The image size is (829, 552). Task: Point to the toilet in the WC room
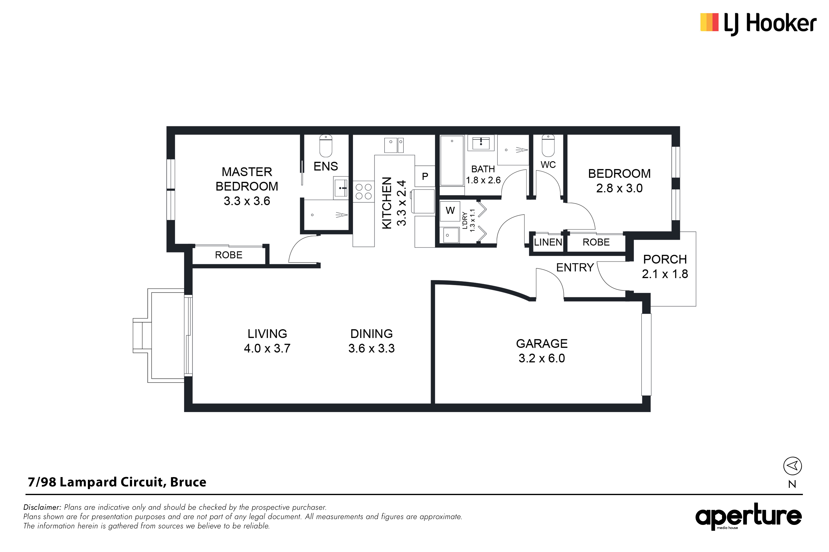548,146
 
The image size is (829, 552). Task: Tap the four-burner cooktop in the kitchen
363,191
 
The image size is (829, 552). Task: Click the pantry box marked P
425,176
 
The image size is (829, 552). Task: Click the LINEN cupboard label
548,242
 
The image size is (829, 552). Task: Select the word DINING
372,334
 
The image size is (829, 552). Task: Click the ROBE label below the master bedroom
229,255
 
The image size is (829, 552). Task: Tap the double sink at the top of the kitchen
394,145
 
